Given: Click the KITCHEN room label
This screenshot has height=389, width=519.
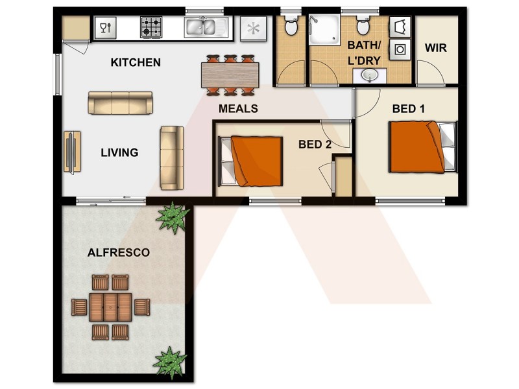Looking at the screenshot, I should click(x=136, y=63).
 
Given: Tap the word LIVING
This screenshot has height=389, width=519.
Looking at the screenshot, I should click(x=119, y=153).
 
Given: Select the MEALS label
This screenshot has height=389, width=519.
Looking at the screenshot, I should click(x=238, y=108).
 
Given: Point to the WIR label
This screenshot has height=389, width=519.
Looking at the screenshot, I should click(x=435, y=48).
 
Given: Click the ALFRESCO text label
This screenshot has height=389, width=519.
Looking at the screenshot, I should click(x=119, y=252).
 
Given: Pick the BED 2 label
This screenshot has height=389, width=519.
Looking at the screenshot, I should click(x=315, y=145).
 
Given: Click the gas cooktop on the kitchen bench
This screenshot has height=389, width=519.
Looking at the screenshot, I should click(x=152, y=27).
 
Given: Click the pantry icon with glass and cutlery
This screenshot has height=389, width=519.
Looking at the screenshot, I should click(x=104, y=27).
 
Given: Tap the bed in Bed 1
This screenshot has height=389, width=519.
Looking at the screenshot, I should click(x=422, y=148).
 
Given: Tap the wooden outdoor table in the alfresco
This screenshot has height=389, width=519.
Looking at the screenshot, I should click(x=110, y=307).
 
